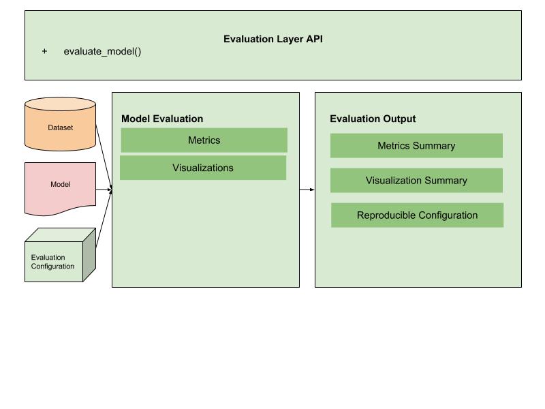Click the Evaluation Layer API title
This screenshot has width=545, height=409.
click(x=272, y=39)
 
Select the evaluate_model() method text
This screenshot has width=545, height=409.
click(x=102, y=52)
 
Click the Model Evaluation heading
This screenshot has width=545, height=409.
click(x=162, y=119)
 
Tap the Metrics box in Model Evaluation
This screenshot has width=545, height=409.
click(x=204, y=140)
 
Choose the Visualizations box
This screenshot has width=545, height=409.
click(x=203, y=168)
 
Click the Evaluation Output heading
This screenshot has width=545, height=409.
click(x=373, y=119)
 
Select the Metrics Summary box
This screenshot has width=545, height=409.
click(x=416, y=146)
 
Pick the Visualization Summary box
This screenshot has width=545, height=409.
click(x=416, y=181)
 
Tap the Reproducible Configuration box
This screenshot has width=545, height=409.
click(x=417, y=215)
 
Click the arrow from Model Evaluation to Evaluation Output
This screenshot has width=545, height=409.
click(x=307, y=190)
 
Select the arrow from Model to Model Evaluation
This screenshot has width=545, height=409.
click(x=103, y=190)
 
